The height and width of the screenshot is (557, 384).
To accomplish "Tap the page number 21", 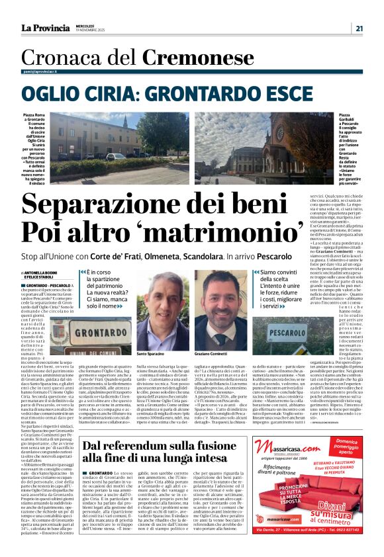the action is pos(358,28).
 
